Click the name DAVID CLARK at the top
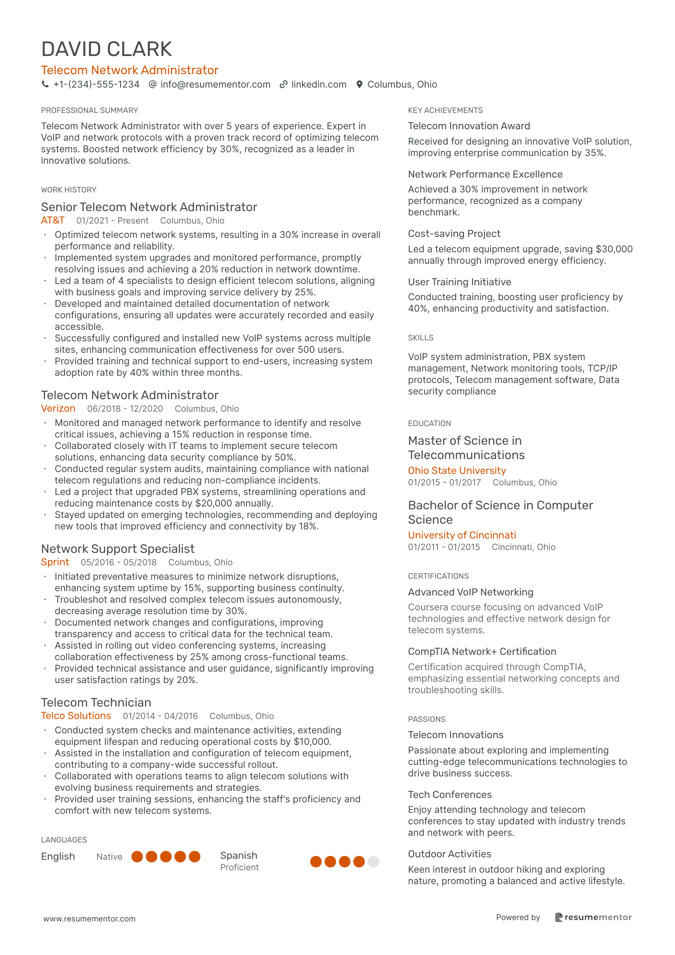click(x=106, y=49)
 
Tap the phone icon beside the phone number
click(x=45, y=84)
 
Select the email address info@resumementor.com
click(x=215, y=85)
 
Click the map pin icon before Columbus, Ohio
click(x=360, y=85)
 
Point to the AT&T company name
click(x=53, y=220)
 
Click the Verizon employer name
click(x=58, y=408)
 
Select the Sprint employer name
click(x=55, y=562)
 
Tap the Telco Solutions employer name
click(x=76, y=716)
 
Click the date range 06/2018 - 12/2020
click(x=125, y=409)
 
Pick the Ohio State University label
click(x=457, y=471)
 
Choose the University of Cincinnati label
click(x=462, y=535)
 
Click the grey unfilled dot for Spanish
click(x=373, y=862)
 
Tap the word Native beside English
click(x=109, y=857)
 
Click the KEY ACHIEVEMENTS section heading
click(x=445, y=111)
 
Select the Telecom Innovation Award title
click(x=469, y=126)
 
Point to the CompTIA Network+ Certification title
click(x=482, y=652)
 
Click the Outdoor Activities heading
click(x=450, y=854)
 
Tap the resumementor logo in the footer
click(x=593, y=917)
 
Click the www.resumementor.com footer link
click(x=90, y=919)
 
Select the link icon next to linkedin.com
click(x=283, y=85)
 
